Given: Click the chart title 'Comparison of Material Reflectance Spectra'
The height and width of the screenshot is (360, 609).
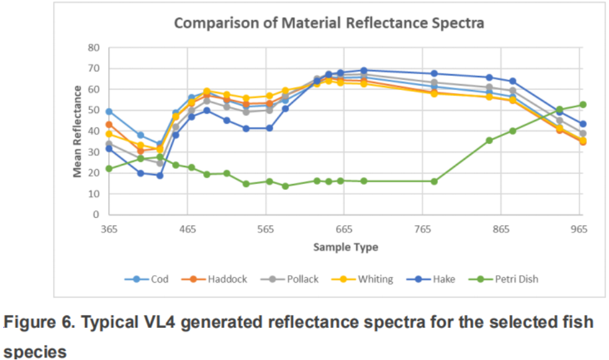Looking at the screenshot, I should click(329, 24).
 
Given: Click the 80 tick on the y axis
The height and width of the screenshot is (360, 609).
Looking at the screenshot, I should click(94, 47).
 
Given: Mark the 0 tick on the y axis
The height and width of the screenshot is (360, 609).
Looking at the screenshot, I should click(96, 215).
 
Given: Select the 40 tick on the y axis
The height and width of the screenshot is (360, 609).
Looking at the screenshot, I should click(94, 131).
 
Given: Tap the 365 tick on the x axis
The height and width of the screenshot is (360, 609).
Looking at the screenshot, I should click(109, 229).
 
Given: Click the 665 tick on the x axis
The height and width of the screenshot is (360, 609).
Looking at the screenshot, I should click(344, 229).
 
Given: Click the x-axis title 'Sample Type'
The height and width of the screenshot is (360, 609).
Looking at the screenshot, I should click(346, 248).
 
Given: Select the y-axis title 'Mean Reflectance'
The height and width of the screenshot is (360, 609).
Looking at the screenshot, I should click(78, 131).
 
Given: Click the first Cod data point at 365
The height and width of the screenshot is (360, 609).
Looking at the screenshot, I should click(109, 111).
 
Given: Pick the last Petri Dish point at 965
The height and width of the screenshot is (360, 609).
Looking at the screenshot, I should click(583, 105).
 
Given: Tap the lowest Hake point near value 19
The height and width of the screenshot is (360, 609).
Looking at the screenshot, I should click(160, 175).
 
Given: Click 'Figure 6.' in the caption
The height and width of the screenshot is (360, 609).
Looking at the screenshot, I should click(35, 323).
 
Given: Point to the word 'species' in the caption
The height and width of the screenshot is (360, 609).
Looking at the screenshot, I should click(35, 351).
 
